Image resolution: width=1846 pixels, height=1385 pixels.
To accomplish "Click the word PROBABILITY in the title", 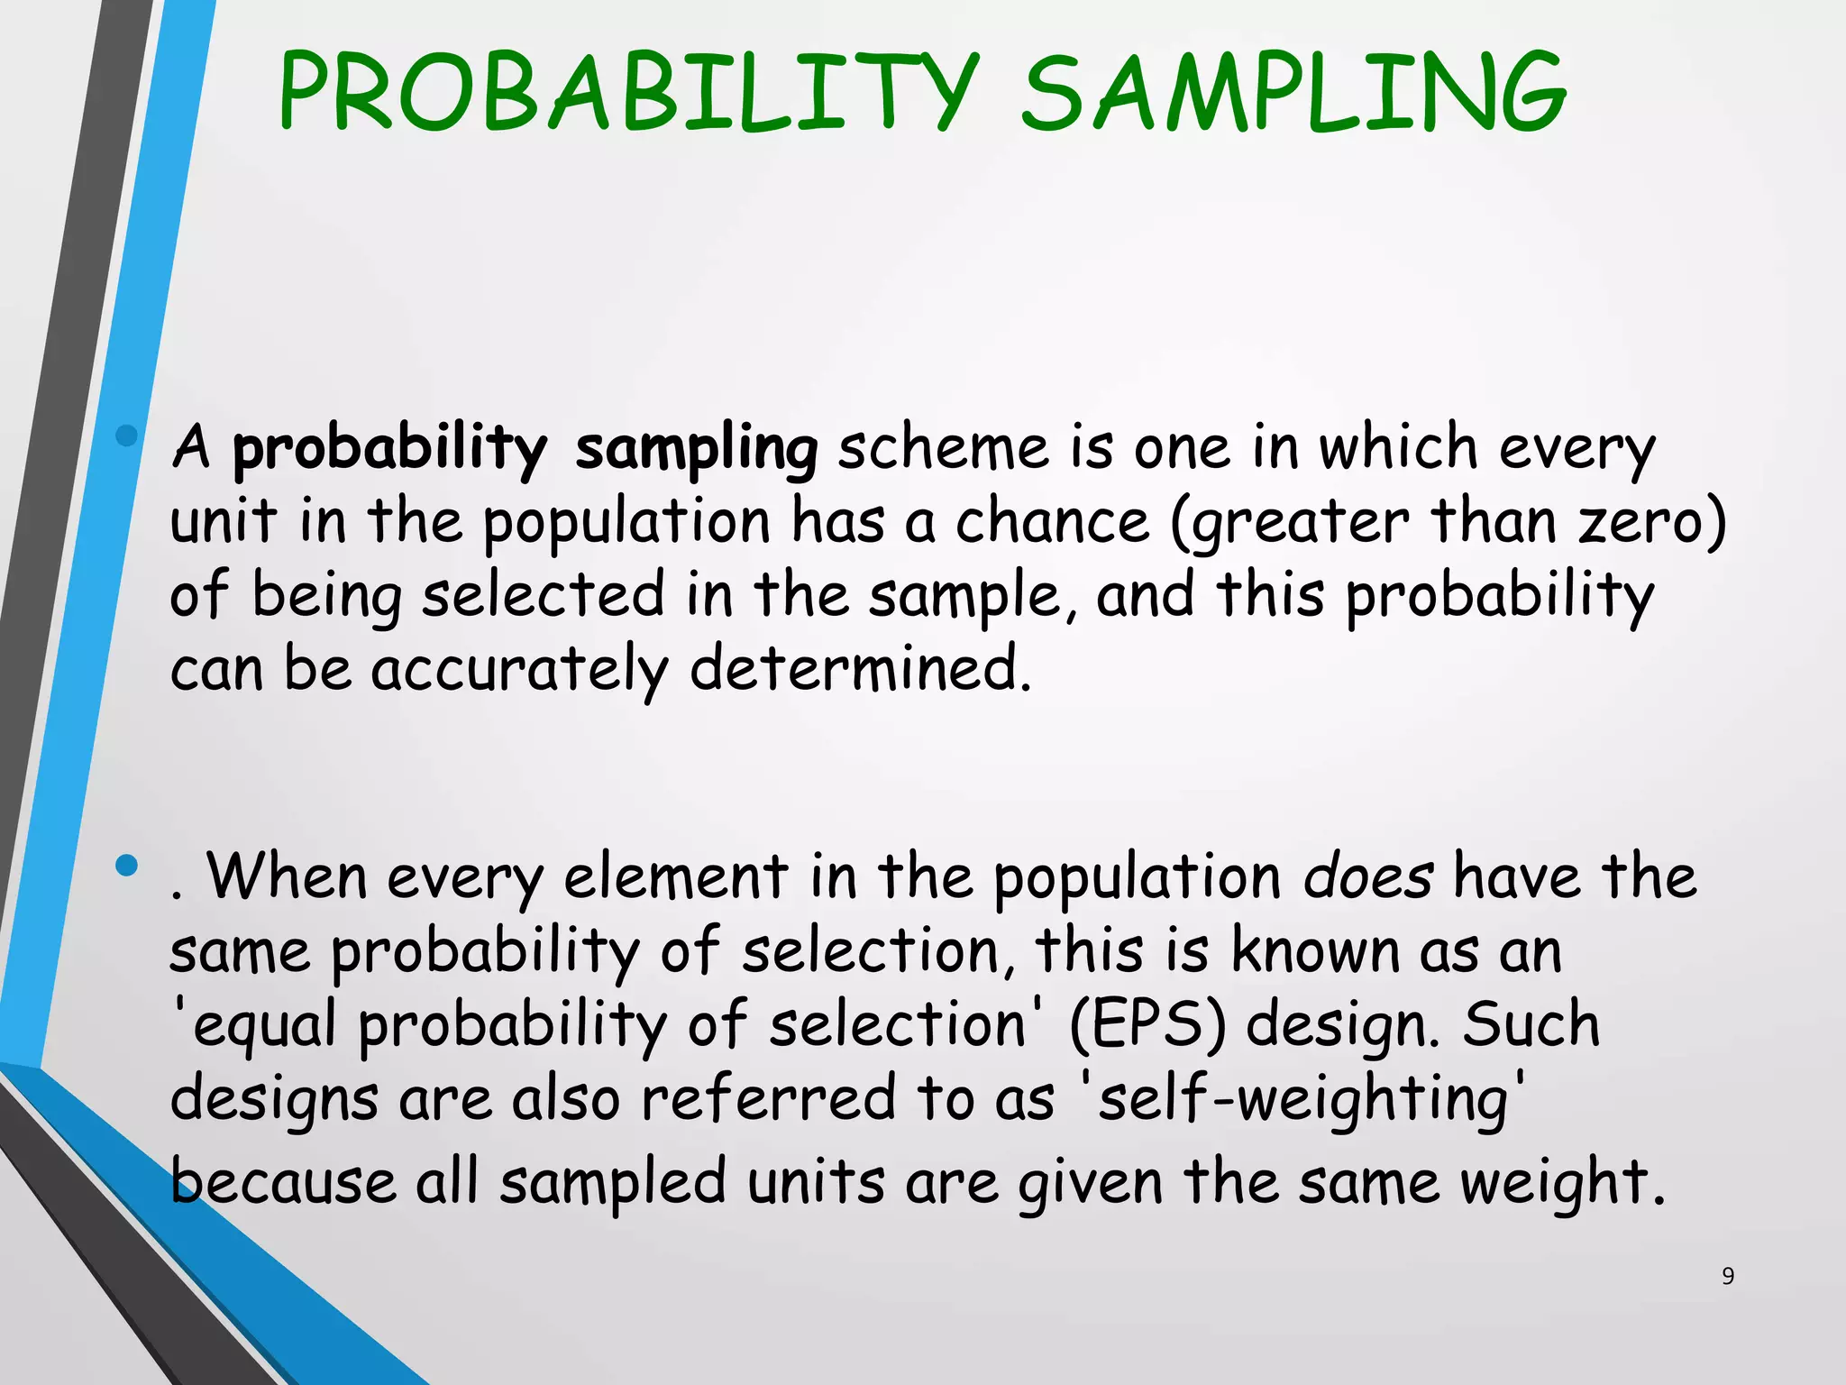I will coord(628,92).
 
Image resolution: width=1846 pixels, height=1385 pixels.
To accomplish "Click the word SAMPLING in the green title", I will coord(1293,92).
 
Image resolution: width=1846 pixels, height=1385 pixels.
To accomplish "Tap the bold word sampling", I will coord(696,448).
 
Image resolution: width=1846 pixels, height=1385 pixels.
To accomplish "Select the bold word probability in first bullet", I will coord(389,448).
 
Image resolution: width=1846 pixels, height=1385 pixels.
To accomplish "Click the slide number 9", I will coord(1727,1276).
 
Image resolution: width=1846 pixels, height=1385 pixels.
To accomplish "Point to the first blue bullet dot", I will coord(127,436).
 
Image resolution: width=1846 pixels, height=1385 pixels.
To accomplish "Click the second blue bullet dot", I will coord(127,867).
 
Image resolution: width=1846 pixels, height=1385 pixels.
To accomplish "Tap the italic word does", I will coord(1367,876).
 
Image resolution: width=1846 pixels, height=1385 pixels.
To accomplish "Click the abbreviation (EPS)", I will coord(1147,1025).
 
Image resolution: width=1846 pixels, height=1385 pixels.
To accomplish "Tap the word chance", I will coord(1052,522).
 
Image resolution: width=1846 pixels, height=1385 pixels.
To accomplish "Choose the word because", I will coord(283,1182).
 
